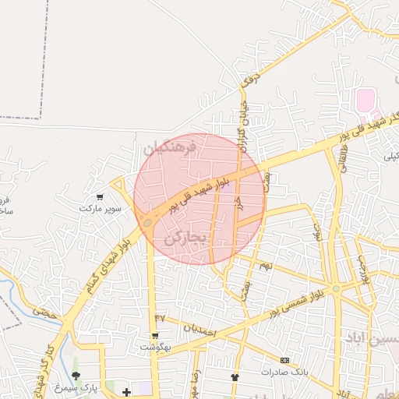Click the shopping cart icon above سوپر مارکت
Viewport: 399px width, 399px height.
pos(99,197)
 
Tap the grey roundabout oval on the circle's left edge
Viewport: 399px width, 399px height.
pos(147,224)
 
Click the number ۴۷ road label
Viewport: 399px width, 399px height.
pos(161,317)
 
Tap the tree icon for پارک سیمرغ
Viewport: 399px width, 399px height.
pos(76,375)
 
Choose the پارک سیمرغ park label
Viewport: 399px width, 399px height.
pos(73,387)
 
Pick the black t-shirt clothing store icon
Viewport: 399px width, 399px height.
pos(235,377)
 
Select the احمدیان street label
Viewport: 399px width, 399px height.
pos(198,328)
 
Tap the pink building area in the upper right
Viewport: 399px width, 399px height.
pos(365,100)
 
